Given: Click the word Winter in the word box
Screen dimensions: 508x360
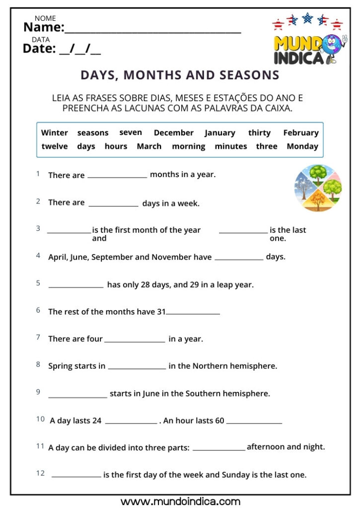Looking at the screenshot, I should [x=54, y=132].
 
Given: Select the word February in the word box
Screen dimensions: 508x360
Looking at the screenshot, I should [x=300, y=132].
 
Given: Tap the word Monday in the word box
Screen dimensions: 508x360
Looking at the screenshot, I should [x=302, y=146].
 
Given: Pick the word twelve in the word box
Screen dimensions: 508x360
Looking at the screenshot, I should [x=54, y=146].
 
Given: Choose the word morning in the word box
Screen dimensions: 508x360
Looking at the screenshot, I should [x=188, y=146].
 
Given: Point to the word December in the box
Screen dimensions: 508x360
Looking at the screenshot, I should [x=173, y=132].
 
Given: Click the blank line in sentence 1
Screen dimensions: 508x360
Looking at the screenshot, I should [x=117, y=176].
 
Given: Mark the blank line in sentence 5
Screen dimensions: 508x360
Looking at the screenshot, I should [x=76, y=286].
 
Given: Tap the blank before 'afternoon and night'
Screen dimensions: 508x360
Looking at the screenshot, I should [x=219, y=449].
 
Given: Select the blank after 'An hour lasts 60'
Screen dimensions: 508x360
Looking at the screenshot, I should [x=254, y=423].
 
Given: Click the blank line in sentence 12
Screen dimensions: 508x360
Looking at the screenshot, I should [x=76, y=476].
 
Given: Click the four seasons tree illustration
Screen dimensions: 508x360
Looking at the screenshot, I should [x=318, y=188].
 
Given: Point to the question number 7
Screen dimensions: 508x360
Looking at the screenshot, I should [x=38, y=337].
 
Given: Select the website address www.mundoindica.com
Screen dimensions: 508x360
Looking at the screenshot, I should [x=180, y=502].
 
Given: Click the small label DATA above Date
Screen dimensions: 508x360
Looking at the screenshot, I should [x=41, y=40].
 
